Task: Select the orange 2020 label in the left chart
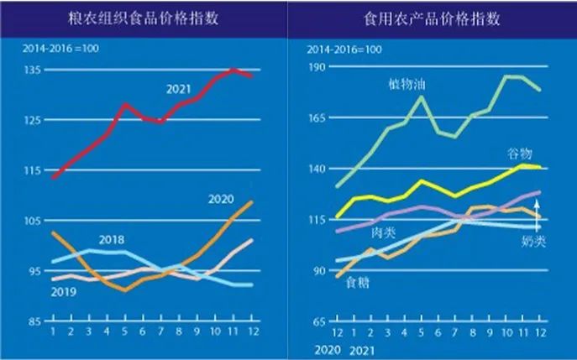pos(219,199)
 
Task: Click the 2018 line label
pos(111,240)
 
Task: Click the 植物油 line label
pos(406,84)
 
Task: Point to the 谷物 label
pos(519,153)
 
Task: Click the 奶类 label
pos(534,242)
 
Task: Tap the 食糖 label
pos(358,283)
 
